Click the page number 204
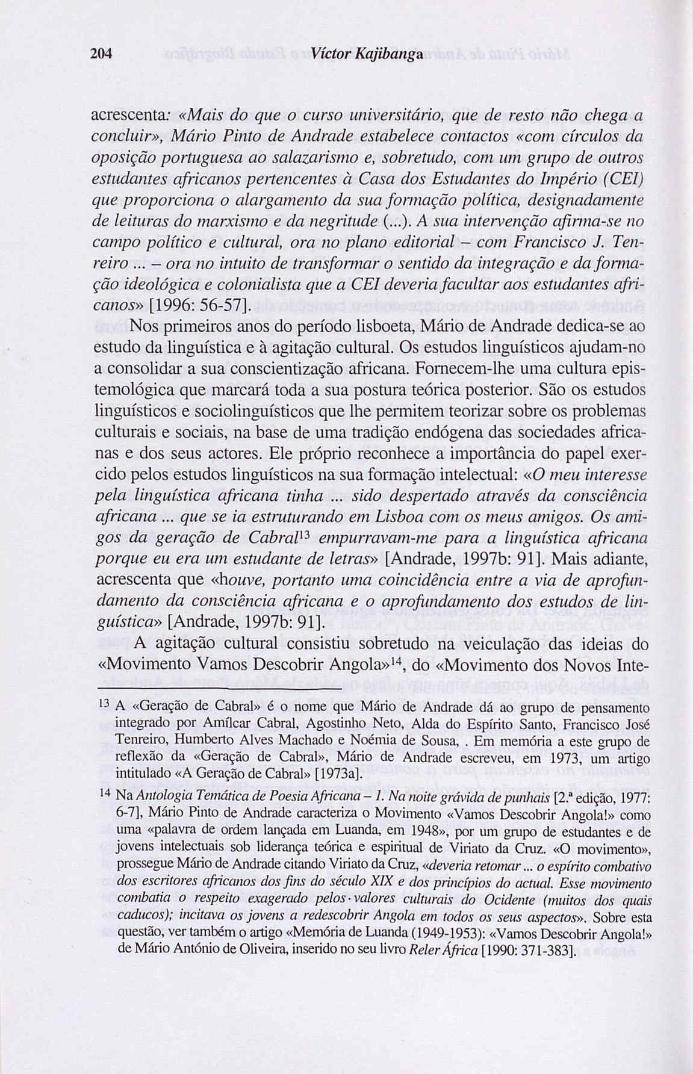pyautogui.click(x=102, y=53)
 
